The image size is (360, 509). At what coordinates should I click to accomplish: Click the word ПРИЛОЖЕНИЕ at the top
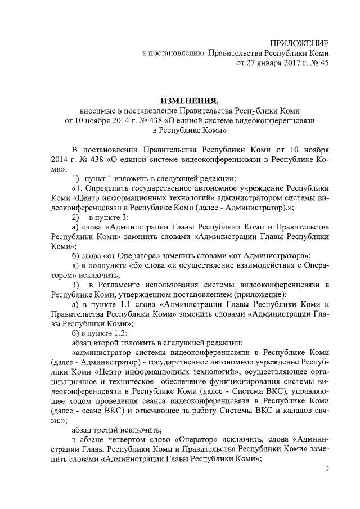[298, 44]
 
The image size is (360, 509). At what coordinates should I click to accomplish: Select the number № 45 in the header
[318, 63]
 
